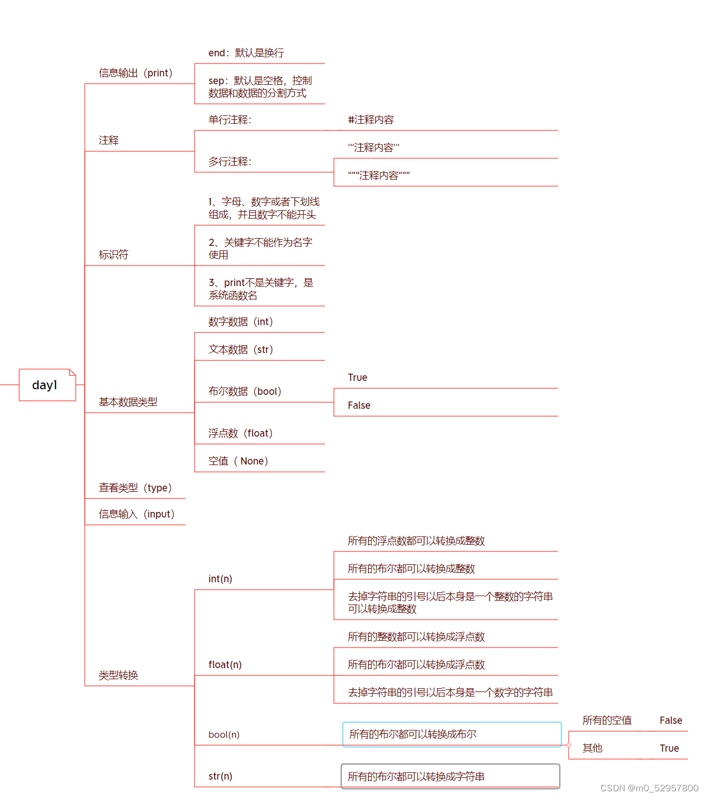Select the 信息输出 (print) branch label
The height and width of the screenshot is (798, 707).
(x=135, y=73)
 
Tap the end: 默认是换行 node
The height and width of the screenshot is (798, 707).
(x=246, y=53)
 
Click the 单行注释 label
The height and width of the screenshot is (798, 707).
(x=230, y=120)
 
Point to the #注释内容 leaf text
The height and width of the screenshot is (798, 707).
(x=371, y=120)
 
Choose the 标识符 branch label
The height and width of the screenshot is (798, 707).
(x=113, y=255)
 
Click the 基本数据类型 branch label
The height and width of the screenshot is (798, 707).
(x=128, y=402)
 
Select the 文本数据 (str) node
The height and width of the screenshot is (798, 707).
(x=240, y=350)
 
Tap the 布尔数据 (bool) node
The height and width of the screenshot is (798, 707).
(x=245, y=391)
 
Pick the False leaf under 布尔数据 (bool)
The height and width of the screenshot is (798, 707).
(x=359, y=405)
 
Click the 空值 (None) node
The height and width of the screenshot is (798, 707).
(x=238, y=461)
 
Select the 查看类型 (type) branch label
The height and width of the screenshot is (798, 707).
(x=135, y=488)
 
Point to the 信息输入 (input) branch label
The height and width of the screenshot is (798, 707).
(x=137, y=514)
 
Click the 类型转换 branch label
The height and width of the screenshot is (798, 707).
(x=118, y=675)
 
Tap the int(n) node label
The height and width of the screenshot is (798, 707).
(x=220, y=579)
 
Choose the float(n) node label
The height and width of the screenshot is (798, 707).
(x=225, y=665)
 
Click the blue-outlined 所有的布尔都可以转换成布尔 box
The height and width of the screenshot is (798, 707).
(x=452, y=734)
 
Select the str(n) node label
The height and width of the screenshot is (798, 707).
(x=220, y=776)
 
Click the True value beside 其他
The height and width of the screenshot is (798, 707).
(x=669, y=748)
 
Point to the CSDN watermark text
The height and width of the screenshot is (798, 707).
(x=649, y=788)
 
